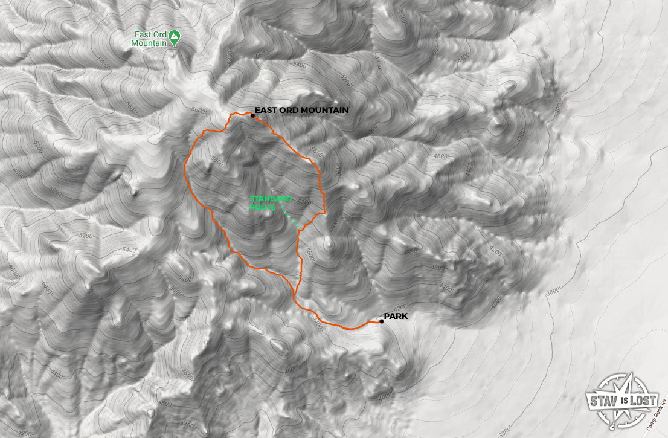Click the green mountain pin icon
(x=175, y=36)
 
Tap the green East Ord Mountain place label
(x=150, y=39)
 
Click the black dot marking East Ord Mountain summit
(x=252, y=115)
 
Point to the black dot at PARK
(x=382, y=321)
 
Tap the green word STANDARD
(x=271, y=199)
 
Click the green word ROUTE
(x=263, y=207)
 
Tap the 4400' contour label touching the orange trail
(x=317, y=324)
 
